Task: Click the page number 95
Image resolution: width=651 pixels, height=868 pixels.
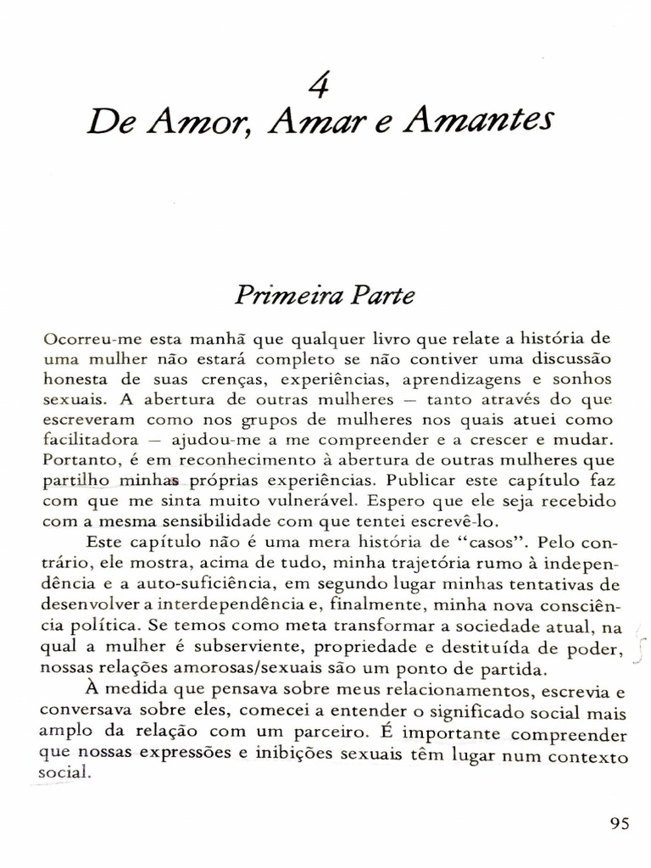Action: tap(619, 824)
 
